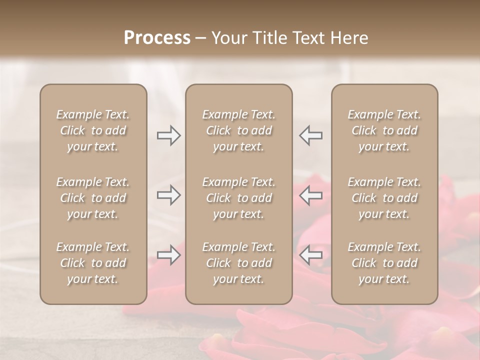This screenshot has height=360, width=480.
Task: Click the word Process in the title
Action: point(157,38)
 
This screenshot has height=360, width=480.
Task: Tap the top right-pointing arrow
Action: point(169,135)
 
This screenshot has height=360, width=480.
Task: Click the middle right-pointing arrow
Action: point(169,195)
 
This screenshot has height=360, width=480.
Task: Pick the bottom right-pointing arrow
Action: point(169,255)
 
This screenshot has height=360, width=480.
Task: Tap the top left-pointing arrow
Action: point(311,135)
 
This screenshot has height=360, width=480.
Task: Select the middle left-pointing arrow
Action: point(311,195)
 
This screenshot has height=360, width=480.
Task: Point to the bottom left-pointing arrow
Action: point(311,255)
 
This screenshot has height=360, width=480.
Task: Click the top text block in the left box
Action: point(93,130)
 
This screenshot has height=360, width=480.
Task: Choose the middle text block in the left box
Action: point(93,198)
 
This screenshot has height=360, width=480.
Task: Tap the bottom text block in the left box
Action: point(93,263)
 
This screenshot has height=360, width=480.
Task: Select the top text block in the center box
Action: point(239,130)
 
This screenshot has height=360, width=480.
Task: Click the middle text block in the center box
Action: point(239,198)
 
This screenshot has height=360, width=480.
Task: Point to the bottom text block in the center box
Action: point(239,263)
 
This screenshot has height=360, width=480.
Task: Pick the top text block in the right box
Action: point(384,130)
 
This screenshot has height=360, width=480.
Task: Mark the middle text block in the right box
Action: point(384,198)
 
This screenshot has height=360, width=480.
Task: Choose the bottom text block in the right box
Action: point(384,263)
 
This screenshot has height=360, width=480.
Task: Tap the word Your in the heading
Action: point(229,38)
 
